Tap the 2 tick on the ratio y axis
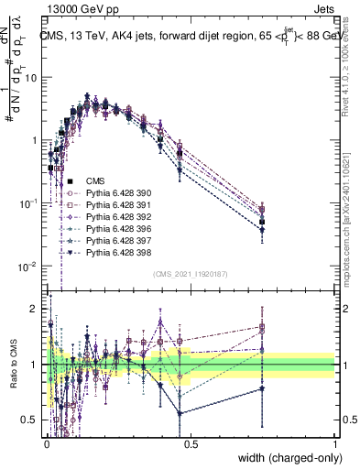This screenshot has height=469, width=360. (x=36, y=309)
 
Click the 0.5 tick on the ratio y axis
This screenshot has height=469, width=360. (x=32, y=420)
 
